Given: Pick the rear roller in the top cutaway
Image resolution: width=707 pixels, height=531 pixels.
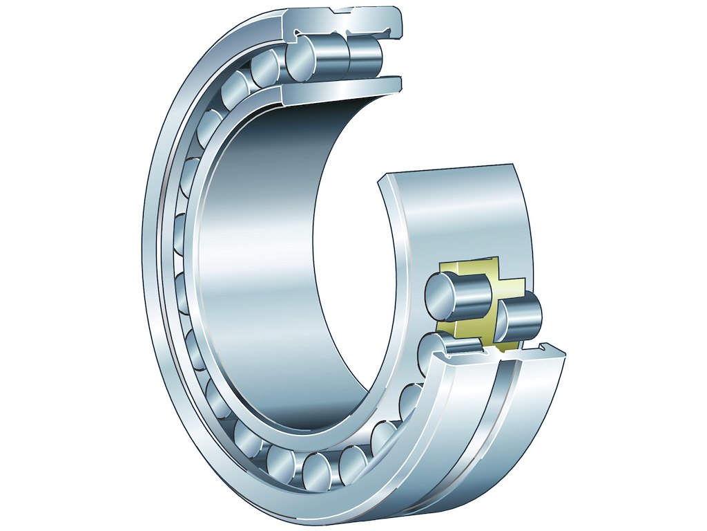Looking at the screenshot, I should pyautogui.click(x=365, y=55).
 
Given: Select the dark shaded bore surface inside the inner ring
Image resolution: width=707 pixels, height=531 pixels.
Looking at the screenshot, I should pyautogui.click(x=276, y=207).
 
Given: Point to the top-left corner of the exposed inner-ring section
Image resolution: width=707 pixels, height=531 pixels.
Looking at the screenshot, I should pyautogui.click(x=381, y=181).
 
